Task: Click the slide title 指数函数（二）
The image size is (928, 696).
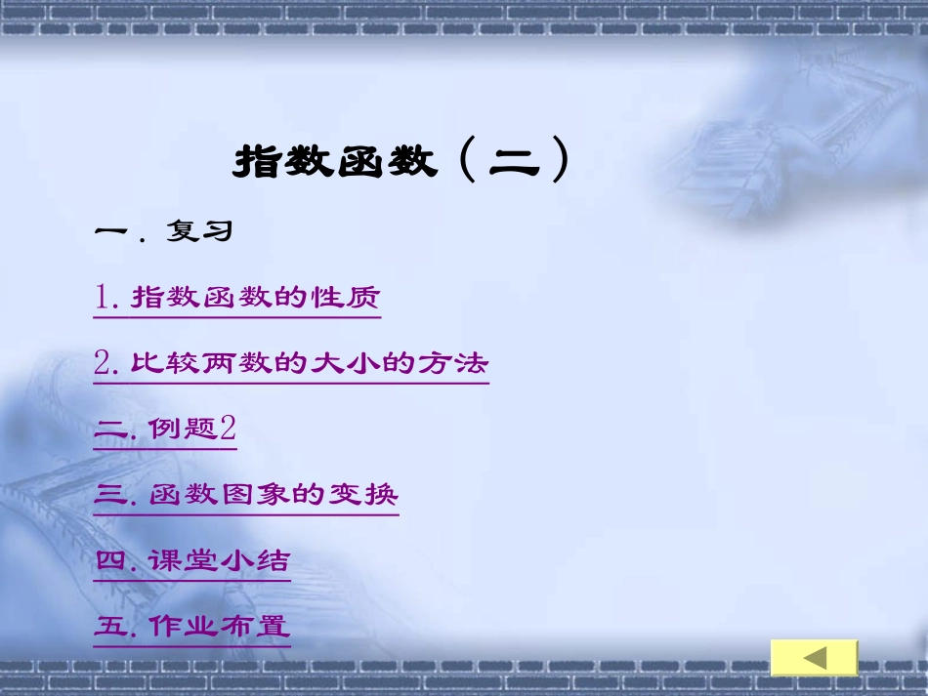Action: tap(401, 161)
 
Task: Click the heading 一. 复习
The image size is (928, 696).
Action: tap(163, 231)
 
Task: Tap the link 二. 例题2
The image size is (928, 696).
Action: tap(165, 429)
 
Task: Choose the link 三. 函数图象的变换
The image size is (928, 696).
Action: tap(246, 494)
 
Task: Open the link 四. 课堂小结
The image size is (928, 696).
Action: tap(192, 560)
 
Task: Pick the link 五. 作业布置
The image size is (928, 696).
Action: tap(192, 626)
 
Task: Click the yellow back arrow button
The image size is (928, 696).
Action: tap(814, 658)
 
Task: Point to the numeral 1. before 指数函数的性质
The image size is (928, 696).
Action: tap(106, 297)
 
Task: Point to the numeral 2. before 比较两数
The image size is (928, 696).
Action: tap(106, 364)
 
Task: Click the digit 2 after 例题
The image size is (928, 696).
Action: tap(228, 429)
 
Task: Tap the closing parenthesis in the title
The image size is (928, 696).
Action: tap(559, 161)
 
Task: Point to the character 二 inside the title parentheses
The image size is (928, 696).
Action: tap(514, 161)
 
